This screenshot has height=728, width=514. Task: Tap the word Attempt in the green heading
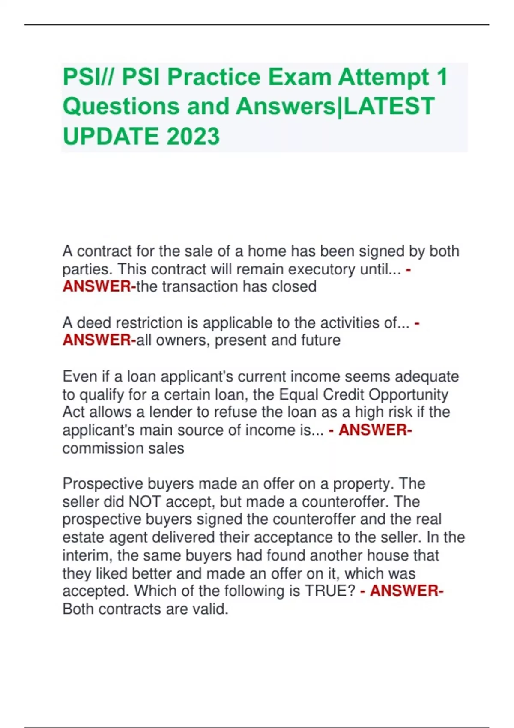383,78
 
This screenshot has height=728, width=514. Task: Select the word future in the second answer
321,340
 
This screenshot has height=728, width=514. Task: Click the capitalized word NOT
144,502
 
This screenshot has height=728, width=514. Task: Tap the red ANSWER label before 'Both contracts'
406,591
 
